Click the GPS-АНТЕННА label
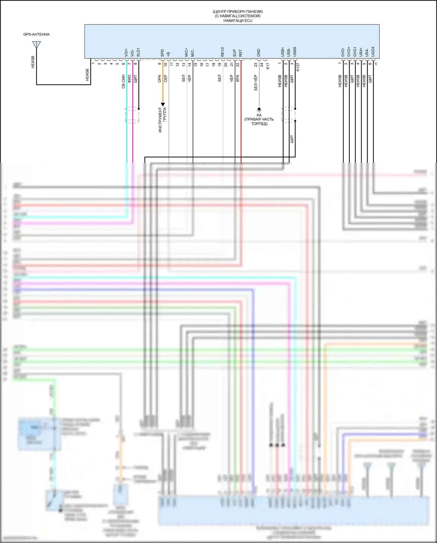pyautogui.click(x=36, y=34)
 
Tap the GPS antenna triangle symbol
pyautogui.click(x=36, y=45)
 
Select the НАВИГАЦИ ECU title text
pyautogui.click(x=238, y=20)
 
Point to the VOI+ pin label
pyautogui.click(x=126, y=53)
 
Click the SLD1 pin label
pyautogui.click(x=138, y=52)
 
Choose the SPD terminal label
pyautogui.click(x=162, y=53)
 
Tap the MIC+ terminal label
pyautogui.click(x=186, y=53)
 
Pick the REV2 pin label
pyautogui.click(x=223, y=52)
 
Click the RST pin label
pyautogui.click(x=241, y=53)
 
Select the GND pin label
pyautogui.click(x=259, y=53)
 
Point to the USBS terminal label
pyautogui.click(x=295, y=52)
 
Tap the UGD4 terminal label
pyautogui.click(x=373, y=52)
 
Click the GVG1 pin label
pyautogui.click(x=355, y=52)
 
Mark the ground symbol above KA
pyautogui.click(x=259, y=109)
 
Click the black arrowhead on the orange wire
pyautogui.click(x=163, y=104)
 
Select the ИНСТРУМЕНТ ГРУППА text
pyautogui.click(x=162, y=120)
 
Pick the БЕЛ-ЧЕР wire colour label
pyautogui.click(x=256, y=83)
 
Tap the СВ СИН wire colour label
pyautogui.click(x=124, y=82)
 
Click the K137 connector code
pyautogui.click(x=298, y=67)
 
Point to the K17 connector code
pyautogui.click(x=268, y=66)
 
